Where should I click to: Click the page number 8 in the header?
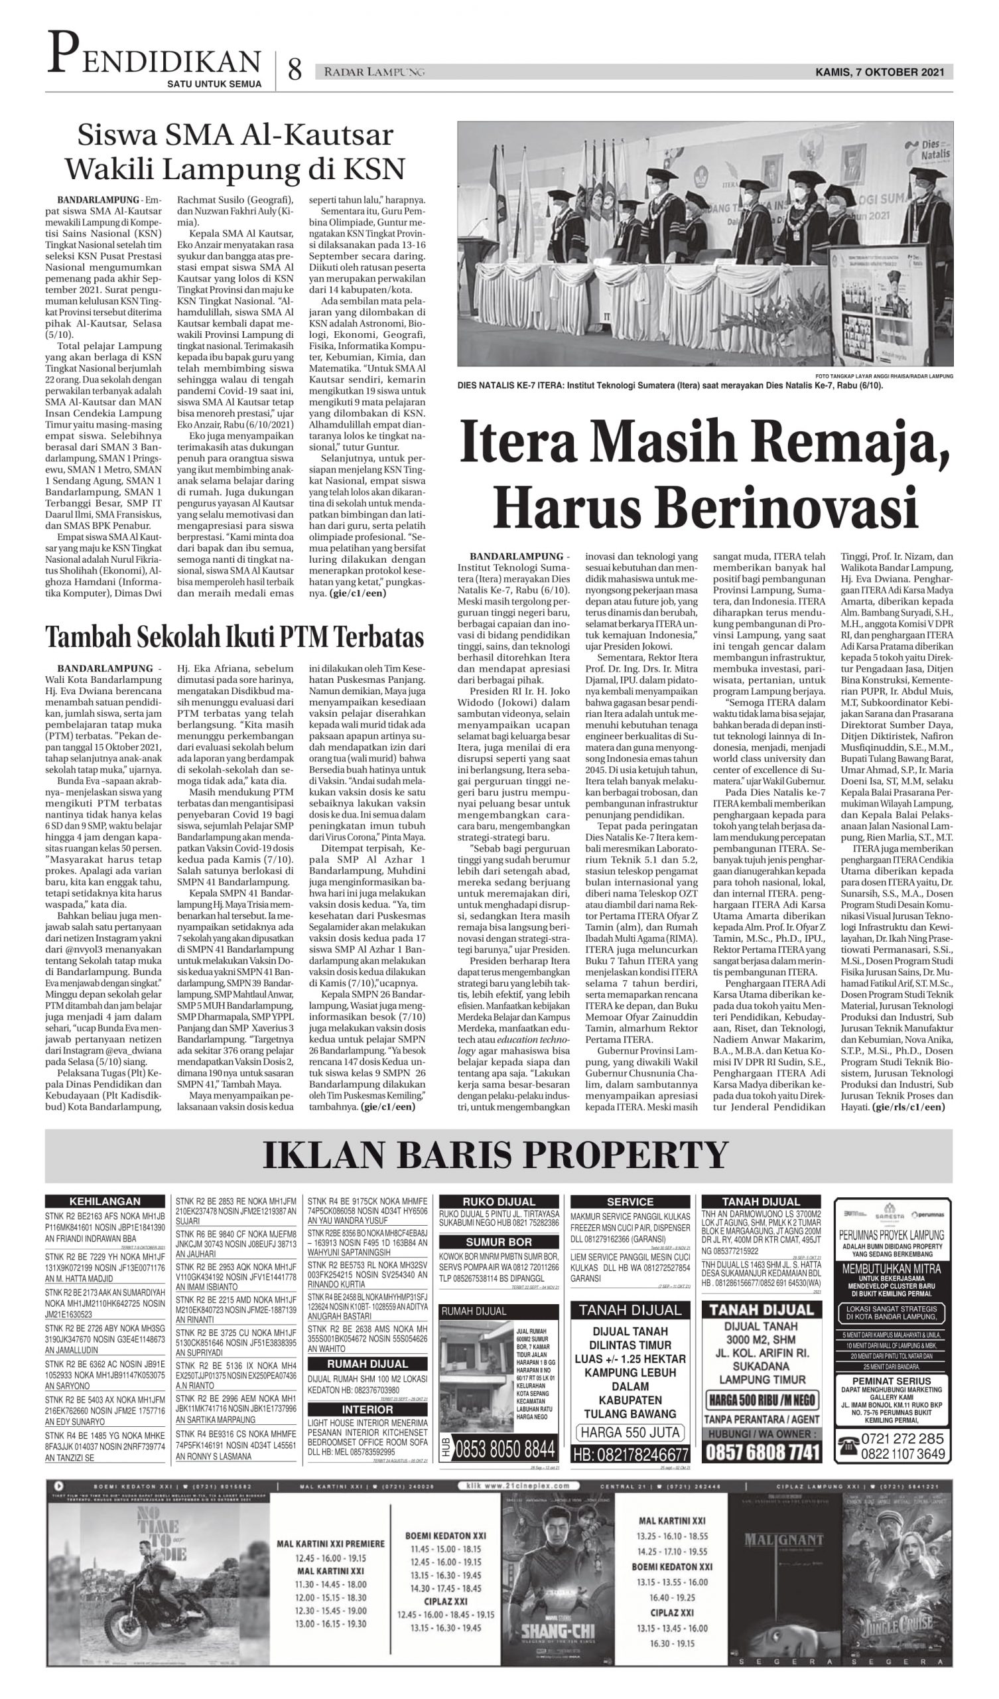tap(295, 70)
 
